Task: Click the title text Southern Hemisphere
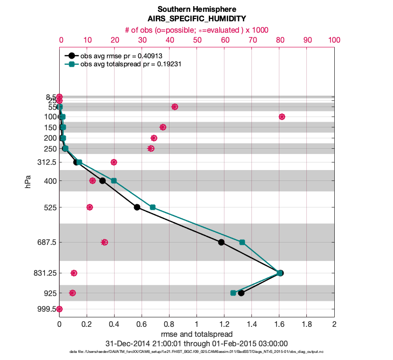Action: [x=196, y=9]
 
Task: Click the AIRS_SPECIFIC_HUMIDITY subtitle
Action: [x=196, y=19]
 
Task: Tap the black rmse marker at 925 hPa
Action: [x=241, y=293]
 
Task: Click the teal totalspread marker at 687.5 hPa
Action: [x=242, y=242]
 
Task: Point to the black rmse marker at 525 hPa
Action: [x=137, y=207]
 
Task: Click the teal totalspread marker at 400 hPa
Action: [x=114, y=180]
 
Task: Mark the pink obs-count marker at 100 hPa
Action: [x=282, y=117]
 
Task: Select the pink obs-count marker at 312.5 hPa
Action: [x=114, y=162]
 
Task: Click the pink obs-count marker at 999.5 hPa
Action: [x=59, y=309]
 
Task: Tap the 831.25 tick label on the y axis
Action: [x=45, y=273]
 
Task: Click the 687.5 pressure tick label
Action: [x=47, y=242]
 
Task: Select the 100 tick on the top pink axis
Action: [x=334, y=41]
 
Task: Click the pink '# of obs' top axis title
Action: [x=196, y=30]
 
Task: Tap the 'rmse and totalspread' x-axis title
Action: [x=196, y=334]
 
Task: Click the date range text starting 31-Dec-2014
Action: [x=196, y=343]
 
